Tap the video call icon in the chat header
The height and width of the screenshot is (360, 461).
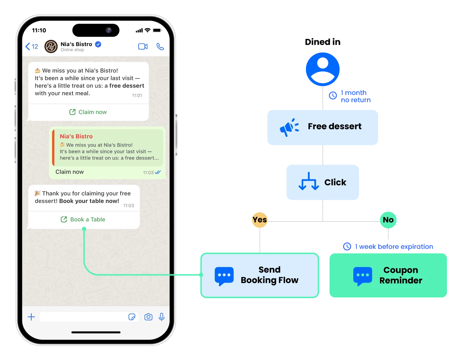pos(143,47)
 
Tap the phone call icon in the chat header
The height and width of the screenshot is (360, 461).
pos(160,47)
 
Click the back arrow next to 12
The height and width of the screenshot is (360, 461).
pos(28,46)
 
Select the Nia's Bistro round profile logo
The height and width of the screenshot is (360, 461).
pos(51,46)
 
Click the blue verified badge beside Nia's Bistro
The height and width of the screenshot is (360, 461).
pos(98,44)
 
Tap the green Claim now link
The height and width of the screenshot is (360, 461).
pos(88,112)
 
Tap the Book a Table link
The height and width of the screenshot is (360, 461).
pos(84,219)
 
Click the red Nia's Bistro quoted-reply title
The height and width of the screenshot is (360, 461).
pos(76,136)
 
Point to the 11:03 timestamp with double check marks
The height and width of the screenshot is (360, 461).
pos(152,172)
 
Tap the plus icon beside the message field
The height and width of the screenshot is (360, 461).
pos(31,317)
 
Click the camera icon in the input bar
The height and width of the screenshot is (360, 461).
pos(148,317)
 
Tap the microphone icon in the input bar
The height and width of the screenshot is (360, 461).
pos(162,317)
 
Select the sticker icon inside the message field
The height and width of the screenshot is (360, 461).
pos(132,317)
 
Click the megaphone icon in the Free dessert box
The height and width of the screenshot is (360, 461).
pos(289,127)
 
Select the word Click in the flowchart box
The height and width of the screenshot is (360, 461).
pos(335,183)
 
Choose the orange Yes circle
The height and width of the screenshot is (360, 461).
pos(259,220)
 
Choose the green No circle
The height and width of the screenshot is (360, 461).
pos(388,220)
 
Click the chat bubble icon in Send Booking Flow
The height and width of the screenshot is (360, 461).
pos(224,276)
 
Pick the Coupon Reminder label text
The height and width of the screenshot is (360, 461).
pos(400,275)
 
